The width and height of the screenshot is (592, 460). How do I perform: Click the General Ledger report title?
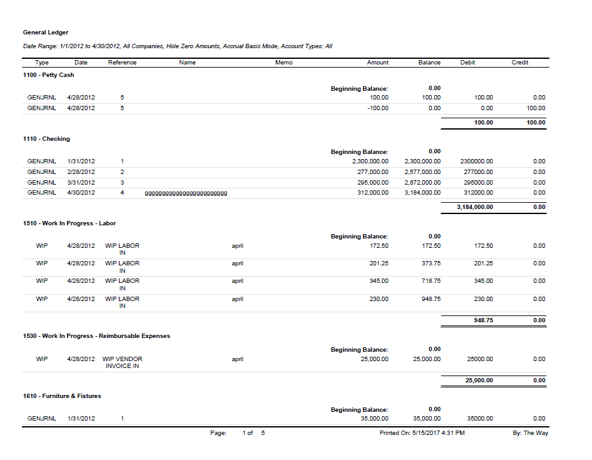click(x=46, y=33)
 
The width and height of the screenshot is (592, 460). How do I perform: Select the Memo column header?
click(x=283, y=63)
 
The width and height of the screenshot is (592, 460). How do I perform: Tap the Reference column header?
click(x=122, y=63)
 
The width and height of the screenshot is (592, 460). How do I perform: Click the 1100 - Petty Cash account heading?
click(x=48, y=75)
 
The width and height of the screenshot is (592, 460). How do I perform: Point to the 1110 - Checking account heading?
click(x=46, y=139)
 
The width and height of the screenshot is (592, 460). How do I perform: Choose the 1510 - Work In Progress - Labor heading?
click(x=69, y=223)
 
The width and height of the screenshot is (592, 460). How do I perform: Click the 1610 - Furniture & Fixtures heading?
click(x=62, y=396)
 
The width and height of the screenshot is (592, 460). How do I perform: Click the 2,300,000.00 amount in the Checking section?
click(x=366, y=161)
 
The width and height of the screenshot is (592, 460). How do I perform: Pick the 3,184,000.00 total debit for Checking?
click(x=475, y=207)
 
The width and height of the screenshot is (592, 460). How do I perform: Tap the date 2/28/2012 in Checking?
click(x=81, y=171)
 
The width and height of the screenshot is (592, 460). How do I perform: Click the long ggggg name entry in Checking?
click(x=186, y=193)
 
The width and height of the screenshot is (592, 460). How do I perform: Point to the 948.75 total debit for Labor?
click(x=483, y=320)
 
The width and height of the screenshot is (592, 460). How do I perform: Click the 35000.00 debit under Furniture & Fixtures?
click(x=480, y=419)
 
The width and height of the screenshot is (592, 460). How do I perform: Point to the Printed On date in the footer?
click(x=422, y=433)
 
